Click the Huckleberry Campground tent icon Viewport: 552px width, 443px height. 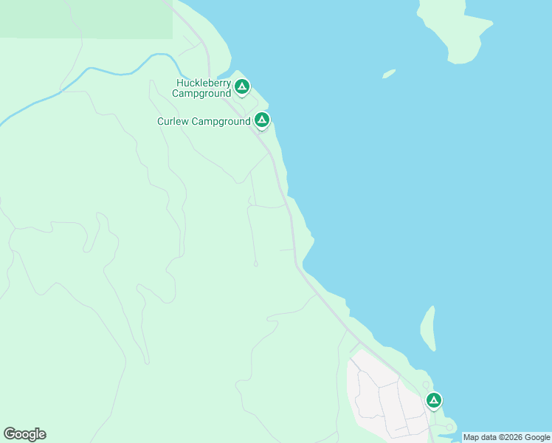(x=241, y=87)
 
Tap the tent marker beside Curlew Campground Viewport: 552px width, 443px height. (x=261, y=120)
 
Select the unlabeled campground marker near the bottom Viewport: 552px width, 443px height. (x=434, y=400)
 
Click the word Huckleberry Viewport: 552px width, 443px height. (x=203, y=83)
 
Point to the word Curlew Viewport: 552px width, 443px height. (x=173, y=122)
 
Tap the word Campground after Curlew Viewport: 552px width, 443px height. (x=221, y=122)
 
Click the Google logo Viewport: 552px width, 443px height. (x=24, y=434)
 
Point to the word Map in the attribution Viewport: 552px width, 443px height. (x=471, y=438)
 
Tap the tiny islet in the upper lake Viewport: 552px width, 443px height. (x=389, y=74)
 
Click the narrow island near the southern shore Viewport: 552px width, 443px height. (x=428, y=329)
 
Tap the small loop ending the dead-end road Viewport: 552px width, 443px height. (x=256, y=264)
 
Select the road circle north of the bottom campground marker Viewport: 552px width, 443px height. (x=426, y=385)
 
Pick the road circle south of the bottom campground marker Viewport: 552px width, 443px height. (x=449, y=427)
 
